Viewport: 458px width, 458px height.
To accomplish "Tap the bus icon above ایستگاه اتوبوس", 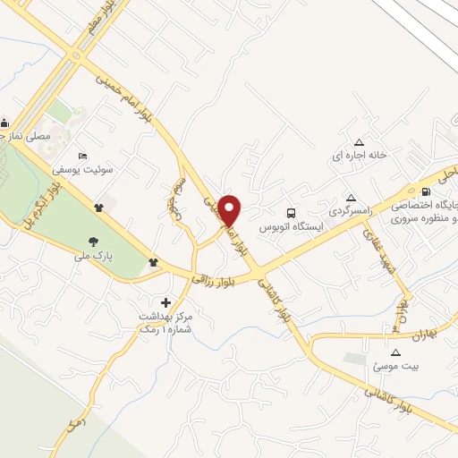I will point(291,213).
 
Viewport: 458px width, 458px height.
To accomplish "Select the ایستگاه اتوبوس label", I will point(291,227).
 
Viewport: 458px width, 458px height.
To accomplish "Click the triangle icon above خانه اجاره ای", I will point(360,142).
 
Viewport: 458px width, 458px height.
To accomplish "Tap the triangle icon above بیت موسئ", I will point(395,352).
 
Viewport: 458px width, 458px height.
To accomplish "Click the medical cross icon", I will point(165,302).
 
